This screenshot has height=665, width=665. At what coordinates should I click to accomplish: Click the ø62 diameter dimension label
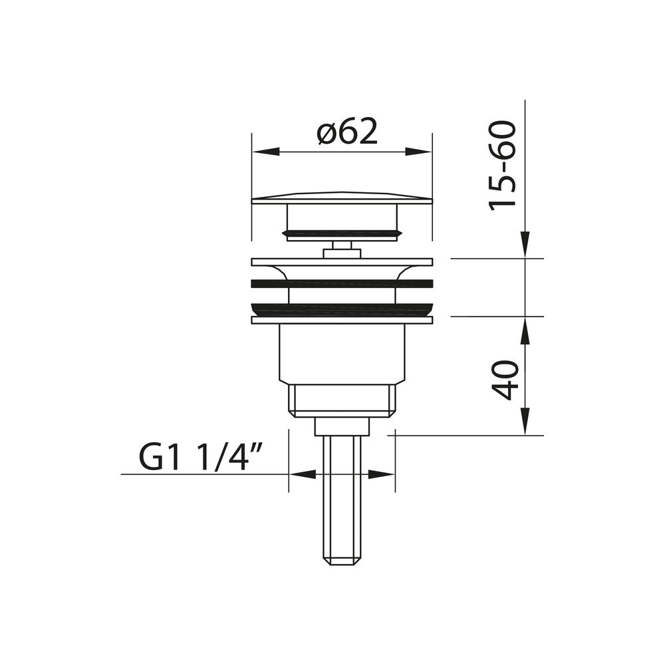pyautogui.click(x=347, y=133)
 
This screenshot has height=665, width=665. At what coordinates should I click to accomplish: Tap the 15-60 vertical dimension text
pyautogui.click(x=503, y=166)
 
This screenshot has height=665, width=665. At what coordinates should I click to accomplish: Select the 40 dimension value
pyautogui.click(x=507, y=380)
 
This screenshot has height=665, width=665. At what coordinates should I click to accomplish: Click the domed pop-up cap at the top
pyautogui.click(x=342, y=198)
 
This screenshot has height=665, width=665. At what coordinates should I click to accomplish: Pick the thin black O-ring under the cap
pyautogui.click(x=342, y=233)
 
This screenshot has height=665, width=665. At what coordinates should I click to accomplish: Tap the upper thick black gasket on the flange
pyautogui.click(x=342, y=284)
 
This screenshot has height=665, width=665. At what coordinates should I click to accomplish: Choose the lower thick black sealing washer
pyautogui.click(x=342, y=309)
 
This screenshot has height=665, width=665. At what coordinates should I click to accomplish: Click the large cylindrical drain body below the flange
pyautogui.click(x=342, y=352)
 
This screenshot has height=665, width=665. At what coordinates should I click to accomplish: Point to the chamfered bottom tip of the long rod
pyautogui.click(x=342, y=560)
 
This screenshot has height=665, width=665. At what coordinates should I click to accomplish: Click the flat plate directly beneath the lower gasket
pyautogui.click(x=342, y=320)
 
